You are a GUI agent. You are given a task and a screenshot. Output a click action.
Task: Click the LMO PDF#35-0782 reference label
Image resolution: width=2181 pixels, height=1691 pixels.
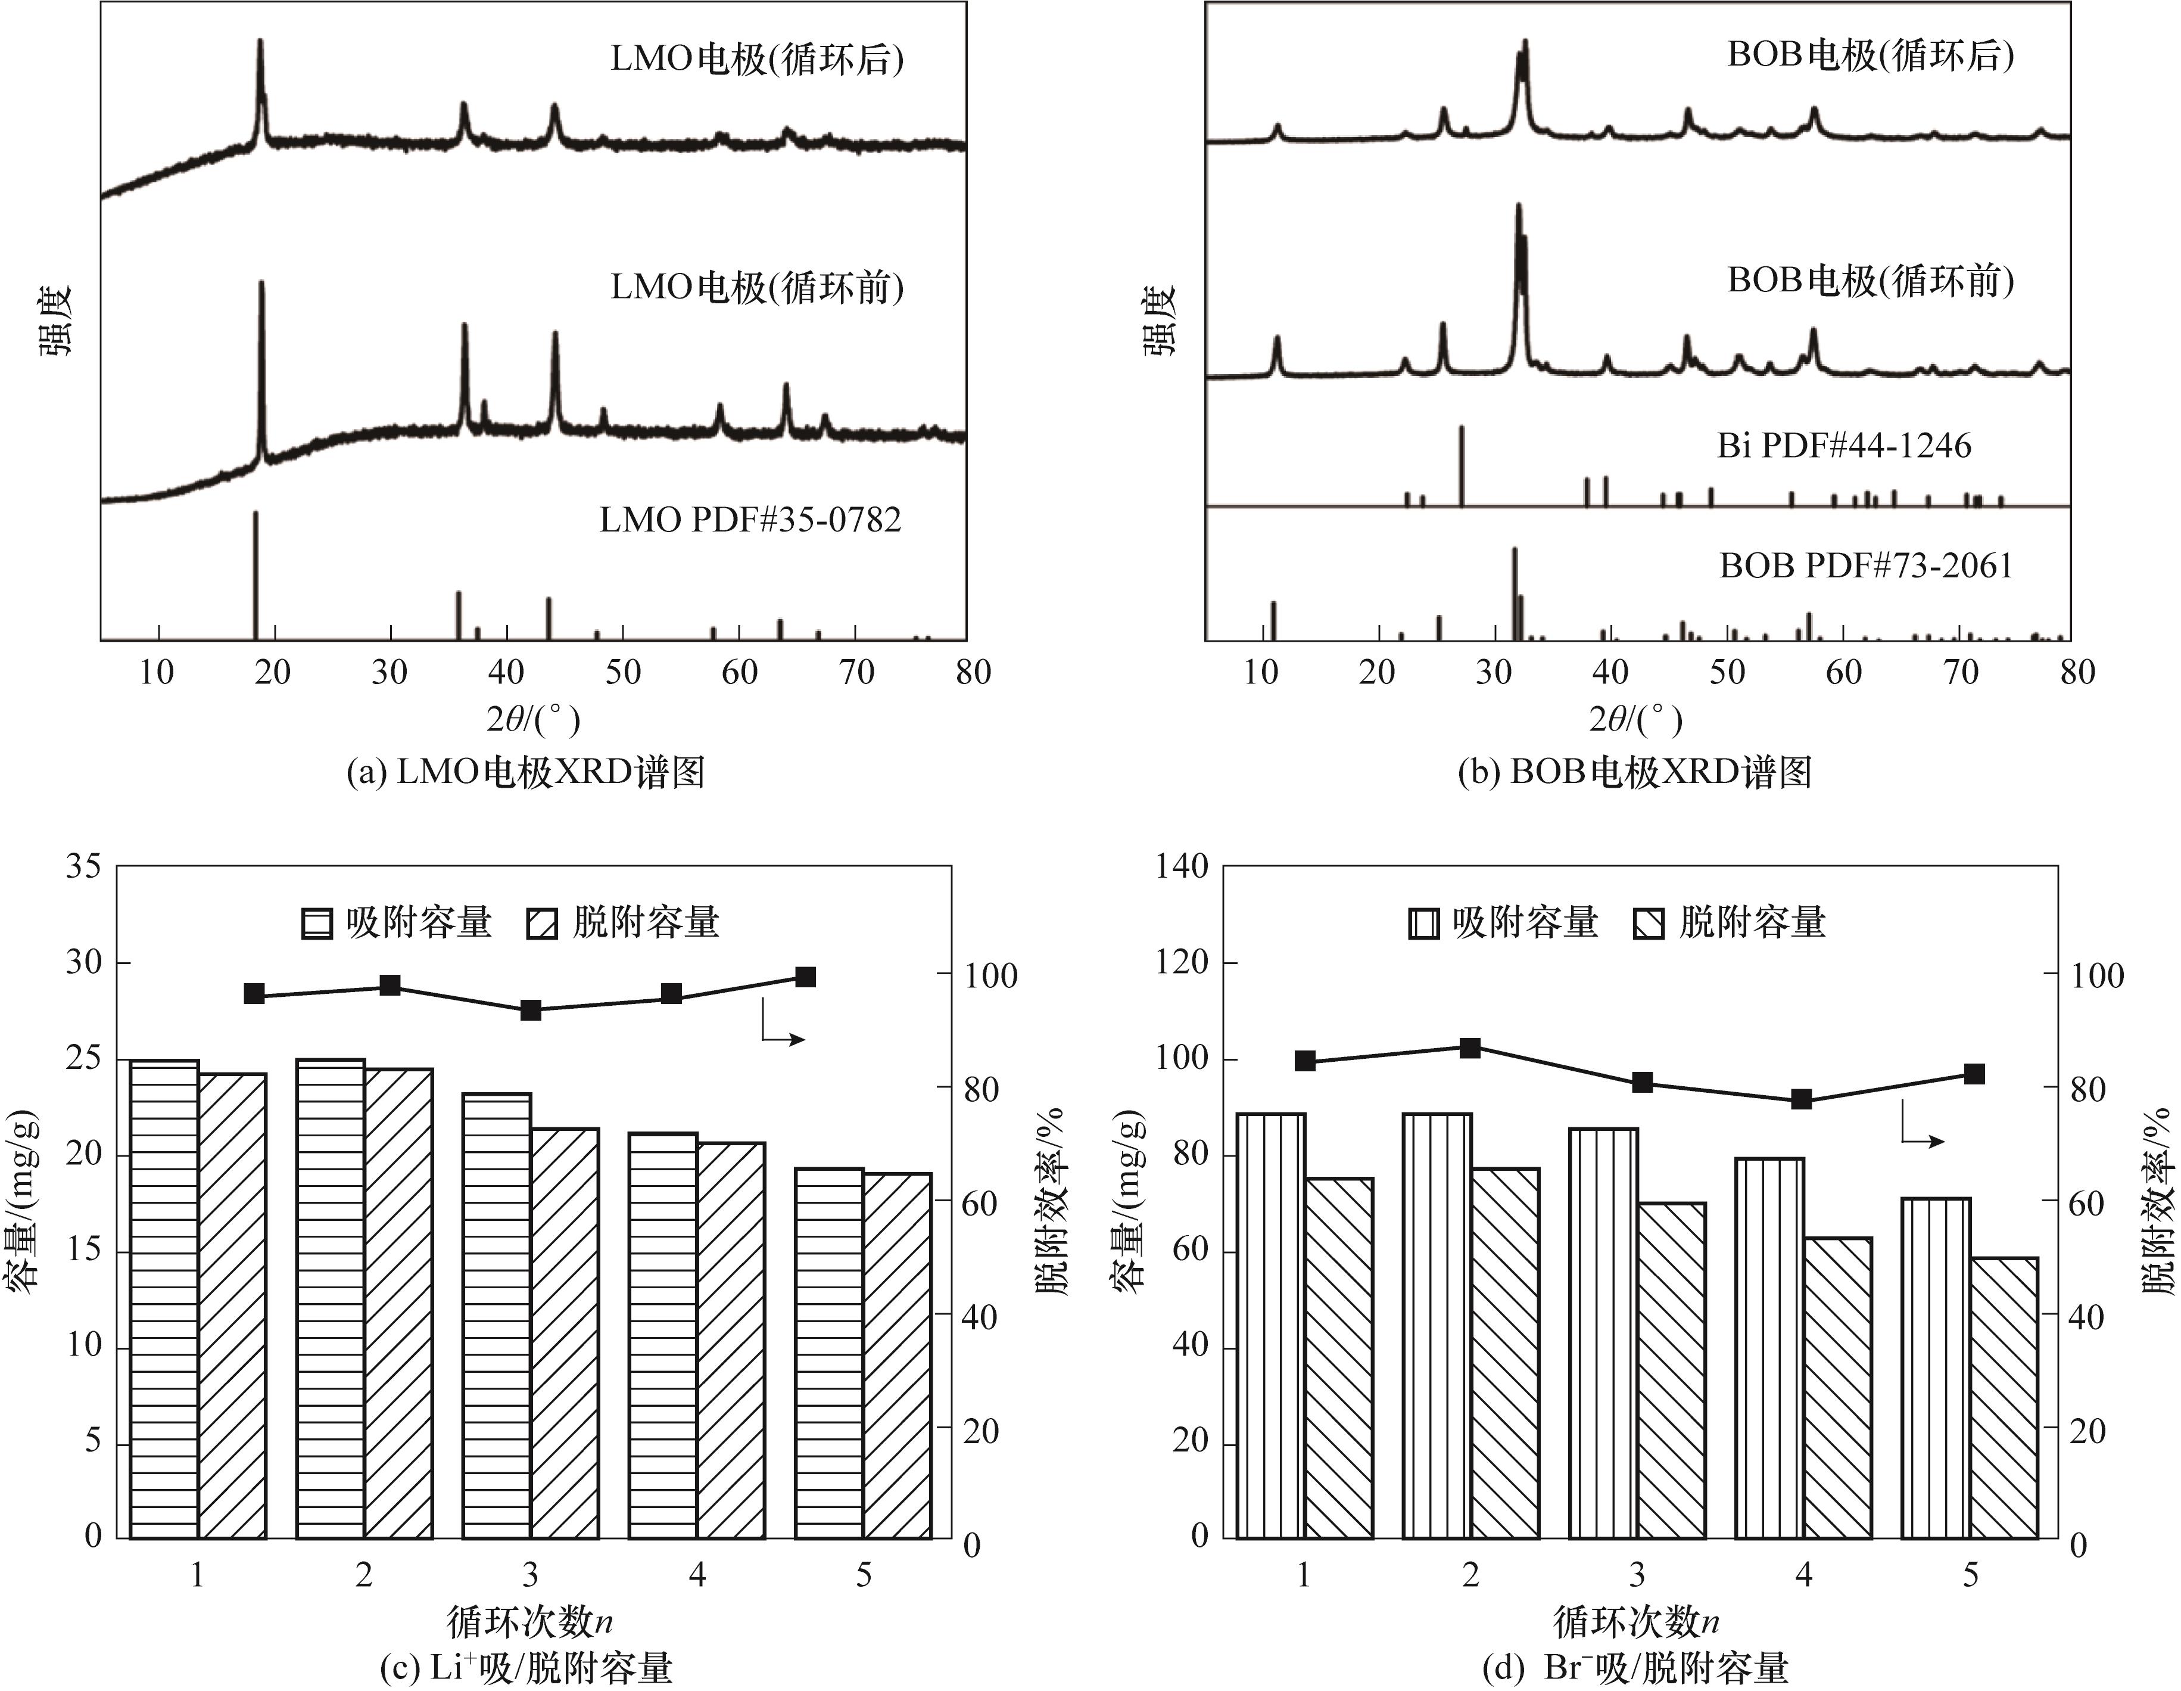(750, 520)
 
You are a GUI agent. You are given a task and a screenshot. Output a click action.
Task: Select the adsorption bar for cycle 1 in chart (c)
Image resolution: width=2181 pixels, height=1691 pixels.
(165, 1298)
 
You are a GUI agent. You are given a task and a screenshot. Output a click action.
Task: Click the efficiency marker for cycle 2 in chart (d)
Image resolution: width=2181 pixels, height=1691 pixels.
(1470, 1047)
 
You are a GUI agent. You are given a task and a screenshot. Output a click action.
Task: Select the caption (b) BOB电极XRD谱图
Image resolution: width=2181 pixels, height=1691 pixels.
(1635, 772)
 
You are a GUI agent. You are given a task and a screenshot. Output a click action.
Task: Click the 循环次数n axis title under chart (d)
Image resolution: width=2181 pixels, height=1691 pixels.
(1635, 1621)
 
